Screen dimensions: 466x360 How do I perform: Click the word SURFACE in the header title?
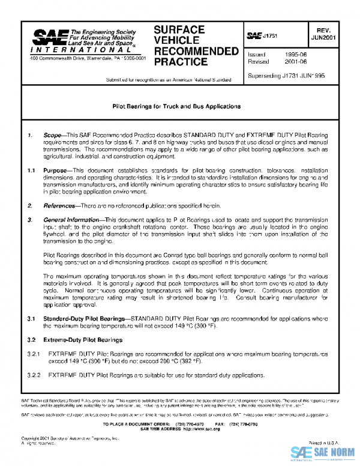click(179, 30)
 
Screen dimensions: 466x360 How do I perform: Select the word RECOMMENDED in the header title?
click(196, 51)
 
